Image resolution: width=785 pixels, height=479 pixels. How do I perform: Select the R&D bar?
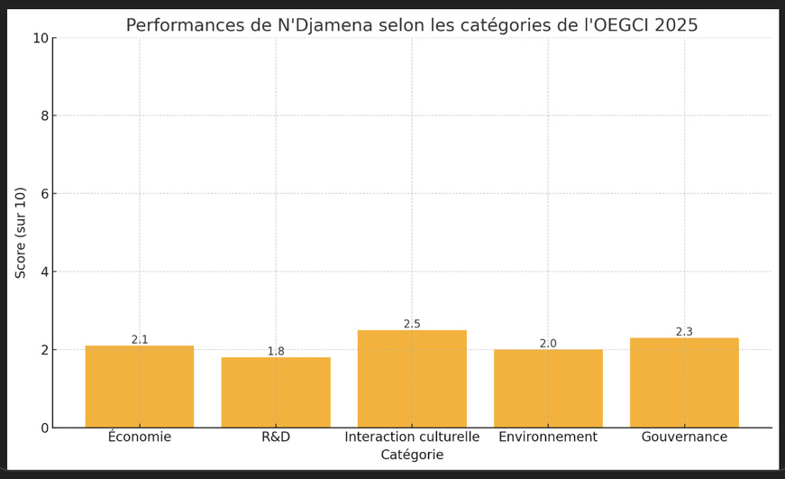click(276, 392)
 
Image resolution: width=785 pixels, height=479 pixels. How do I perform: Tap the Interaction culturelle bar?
click(412, 379)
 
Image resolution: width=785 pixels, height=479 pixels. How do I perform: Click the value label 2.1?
click(140, 340)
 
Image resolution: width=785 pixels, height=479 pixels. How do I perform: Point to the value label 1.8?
click(276, 352)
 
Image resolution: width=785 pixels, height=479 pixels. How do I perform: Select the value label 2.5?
click(412, 324)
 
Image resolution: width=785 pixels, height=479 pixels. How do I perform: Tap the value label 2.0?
click(548, 344)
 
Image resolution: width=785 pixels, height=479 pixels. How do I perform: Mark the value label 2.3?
click(684, 332)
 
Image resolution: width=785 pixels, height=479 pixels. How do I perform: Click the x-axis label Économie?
click(140, 438)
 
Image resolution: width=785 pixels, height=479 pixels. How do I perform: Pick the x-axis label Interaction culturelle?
click(412, 438)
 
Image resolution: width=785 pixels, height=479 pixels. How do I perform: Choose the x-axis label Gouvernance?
click(684, 438)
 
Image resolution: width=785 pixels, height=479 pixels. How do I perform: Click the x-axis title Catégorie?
click(412, 456)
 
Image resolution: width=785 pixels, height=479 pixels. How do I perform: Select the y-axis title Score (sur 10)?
click(22, 233)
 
